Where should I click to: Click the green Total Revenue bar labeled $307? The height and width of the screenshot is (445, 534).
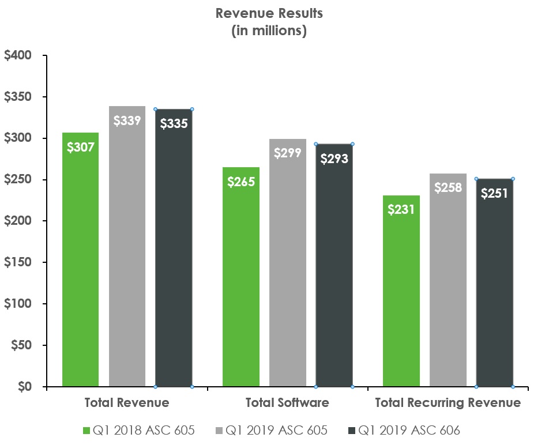[81, 259]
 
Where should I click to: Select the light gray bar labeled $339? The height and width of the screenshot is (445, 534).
[127, 248]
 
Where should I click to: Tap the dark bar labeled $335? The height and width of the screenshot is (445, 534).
[174, 248]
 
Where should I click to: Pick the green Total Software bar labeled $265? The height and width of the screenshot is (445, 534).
[241, 277]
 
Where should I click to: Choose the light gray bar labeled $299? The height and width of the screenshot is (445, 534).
[287, 265]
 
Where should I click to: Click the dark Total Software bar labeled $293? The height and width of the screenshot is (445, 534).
[334, 265]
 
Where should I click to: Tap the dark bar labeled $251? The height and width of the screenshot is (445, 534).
[494, 282]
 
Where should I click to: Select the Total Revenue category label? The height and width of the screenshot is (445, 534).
[127, 402]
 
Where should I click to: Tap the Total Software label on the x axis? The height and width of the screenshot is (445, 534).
[287, 402]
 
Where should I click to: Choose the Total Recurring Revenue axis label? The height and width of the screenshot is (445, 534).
[447, 402]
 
